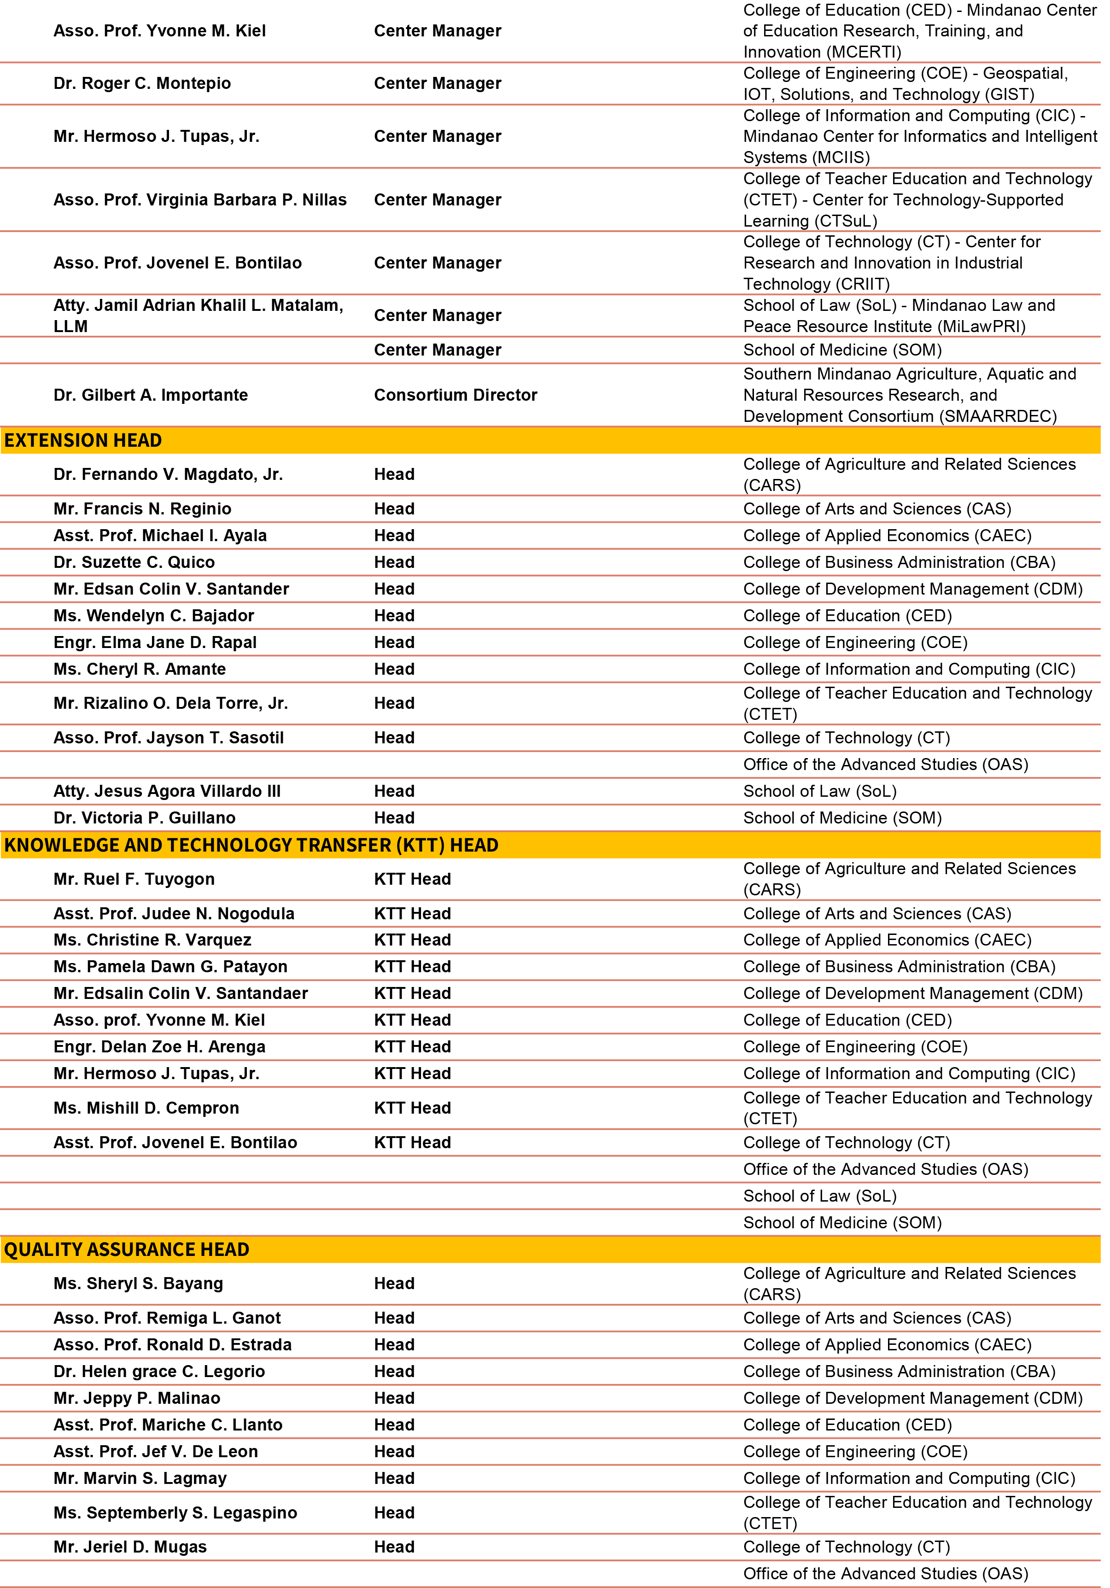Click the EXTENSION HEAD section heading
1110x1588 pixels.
pyautogui.click(x=83, y=441)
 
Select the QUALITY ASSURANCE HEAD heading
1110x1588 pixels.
pyautogui.click(x=127, y=1249)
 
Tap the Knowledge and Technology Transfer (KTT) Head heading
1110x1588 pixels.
pyautogui.click(x=251, y=845)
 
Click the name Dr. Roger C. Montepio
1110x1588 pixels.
pyautogui.click(x=142, y=84)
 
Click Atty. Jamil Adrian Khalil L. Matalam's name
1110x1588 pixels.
pyautogui.click(x=199, y=315)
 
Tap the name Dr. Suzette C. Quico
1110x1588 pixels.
pyautogui.click(x=134, y=562)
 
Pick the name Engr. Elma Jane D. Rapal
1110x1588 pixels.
pyautogui.click(x=155, y=642)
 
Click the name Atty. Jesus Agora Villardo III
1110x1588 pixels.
pyautogui.click(x=167, y=791)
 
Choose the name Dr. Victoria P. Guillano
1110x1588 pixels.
pyautogui.click(x=145, y=818)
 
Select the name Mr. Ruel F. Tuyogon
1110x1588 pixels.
pyautogui.click(x=134, y=879)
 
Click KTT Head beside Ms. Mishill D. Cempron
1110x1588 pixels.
pyautogui.click(x=413, y=1108)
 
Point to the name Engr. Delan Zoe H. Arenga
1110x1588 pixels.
pyautogui.click(x=160, y=1047)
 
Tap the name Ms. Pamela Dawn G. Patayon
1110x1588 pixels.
pyautogui.click(x=171, y=967)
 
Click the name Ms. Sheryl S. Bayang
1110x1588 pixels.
pyautogui.click(x=138, y=1284)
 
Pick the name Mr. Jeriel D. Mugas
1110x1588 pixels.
pyautogui.click(x=130, y=1547)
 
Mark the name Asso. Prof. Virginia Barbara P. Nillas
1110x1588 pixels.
pyautogui.click(x=200, y=200)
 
